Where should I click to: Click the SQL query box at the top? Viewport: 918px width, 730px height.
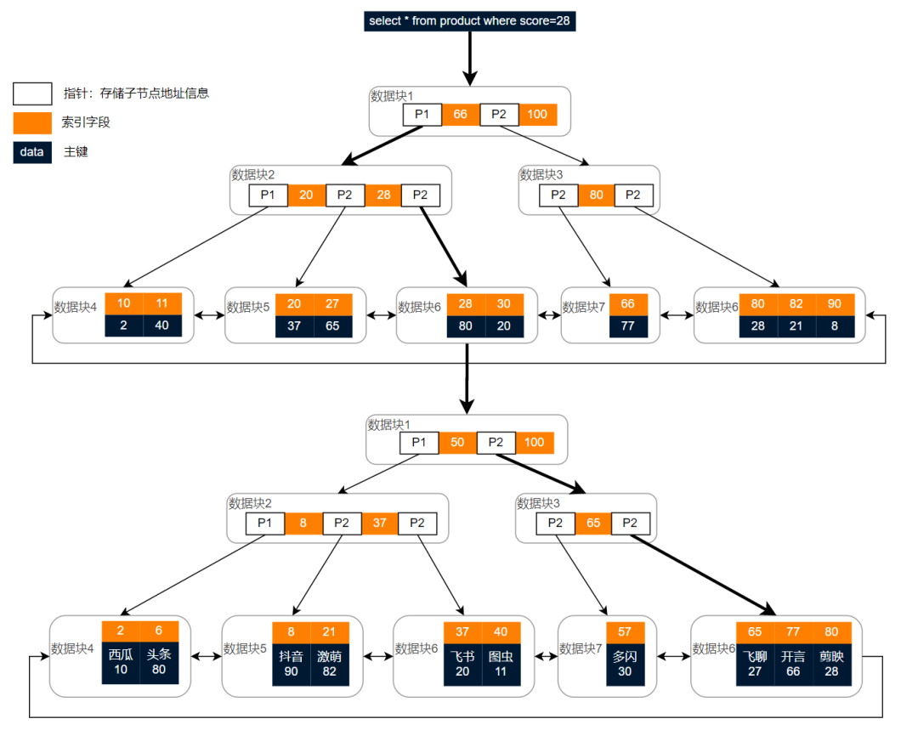pos(470,20)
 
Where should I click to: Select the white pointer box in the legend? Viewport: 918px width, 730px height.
pos(33,93)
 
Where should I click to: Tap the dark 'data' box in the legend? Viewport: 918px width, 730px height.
pos(32,152)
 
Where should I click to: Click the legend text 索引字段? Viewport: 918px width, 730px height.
pos(86,122)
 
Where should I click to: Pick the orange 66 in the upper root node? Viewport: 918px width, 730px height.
pos(461,115)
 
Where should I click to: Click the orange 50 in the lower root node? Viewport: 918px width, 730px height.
pos(457,443)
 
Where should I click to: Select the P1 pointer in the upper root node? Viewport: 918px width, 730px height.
pos(422,115)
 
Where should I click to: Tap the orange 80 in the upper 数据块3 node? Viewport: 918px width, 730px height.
pos(596,195)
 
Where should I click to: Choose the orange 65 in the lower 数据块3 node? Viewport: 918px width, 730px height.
pos(592,523)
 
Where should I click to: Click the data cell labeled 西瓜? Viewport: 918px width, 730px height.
pos(121,663)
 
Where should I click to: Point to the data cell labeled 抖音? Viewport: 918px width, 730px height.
pos(292,663)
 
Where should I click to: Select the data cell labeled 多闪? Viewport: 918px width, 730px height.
pos(625,663)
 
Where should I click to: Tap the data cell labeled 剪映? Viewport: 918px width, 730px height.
pos(831,663)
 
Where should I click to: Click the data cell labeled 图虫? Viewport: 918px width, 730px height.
pos(501,663)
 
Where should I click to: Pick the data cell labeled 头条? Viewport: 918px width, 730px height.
pos(159,663)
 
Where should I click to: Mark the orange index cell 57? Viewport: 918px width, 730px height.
pos(625,631)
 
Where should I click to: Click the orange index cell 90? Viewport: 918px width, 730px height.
pos(835,303)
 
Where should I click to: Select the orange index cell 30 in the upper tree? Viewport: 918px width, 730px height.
pos(505,303)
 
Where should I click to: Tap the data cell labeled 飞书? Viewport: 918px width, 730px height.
pos(462,663)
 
